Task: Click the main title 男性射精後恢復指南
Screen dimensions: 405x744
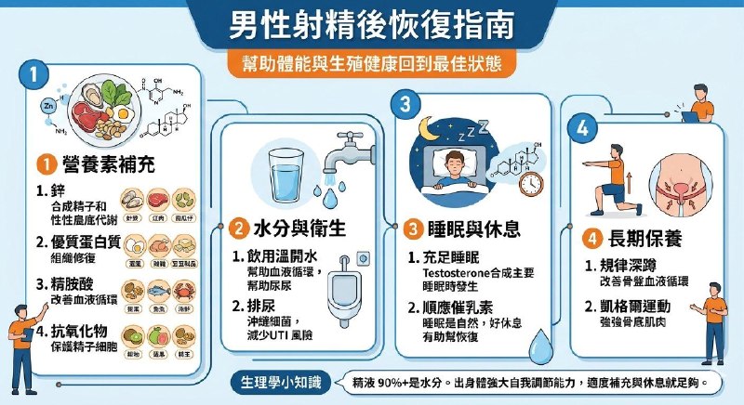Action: [x=371, y=25]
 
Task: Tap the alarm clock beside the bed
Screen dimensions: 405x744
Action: [x=532, y=177]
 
